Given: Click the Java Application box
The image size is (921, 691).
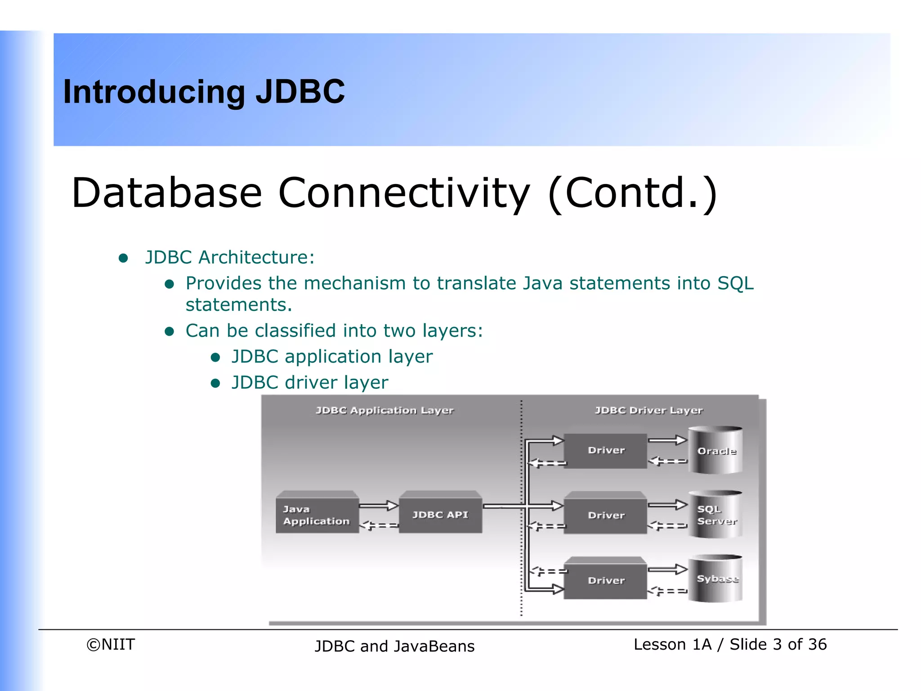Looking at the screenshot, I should coord(317,515).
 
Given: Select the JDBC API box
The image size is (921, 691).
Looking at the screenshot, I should coord(440,515).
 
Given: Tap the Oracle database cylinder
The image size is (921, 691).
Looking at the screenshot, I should coord(715,451).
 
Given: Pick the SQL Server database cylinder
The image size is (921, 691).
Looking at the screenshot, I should coord(715,515).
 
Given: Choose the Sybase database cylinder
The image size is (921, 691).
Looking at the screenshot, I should coord(715,579).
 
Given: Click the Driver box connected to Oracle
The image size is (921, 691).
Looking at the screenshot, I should coord(606,450).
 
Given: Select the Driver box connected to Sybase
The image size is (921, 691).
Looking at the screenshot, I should coord(606,580).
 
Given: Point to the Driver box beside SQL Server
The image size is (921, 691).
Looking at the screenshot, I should coord(606,515).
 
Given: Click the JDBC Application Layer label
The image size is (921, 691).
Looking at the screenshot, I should coord(384,410).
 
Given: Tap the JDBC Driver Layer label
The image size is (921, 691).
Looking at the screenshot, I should coord(648,410).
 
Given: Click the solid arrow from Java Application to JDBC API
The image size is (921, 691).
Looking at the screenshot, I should coord(379,506).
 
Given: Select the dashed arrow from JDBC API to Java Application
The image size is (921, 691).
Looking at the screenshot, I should coord(379,525).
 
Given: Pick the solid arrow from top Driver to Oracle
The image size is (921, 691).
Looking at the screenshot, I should coord(667,440).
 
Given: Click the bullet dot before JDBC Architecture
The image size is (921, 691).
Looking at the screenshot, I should coord(123,258).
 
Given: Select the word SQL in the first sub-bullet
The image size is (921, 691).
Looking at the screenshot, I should coord(735,283).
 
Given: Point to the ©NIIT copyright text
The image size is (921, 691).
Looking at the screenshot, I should coord(111,645).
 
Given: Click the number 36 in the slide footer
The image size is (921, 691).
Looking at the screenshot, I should coord(817,645).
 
